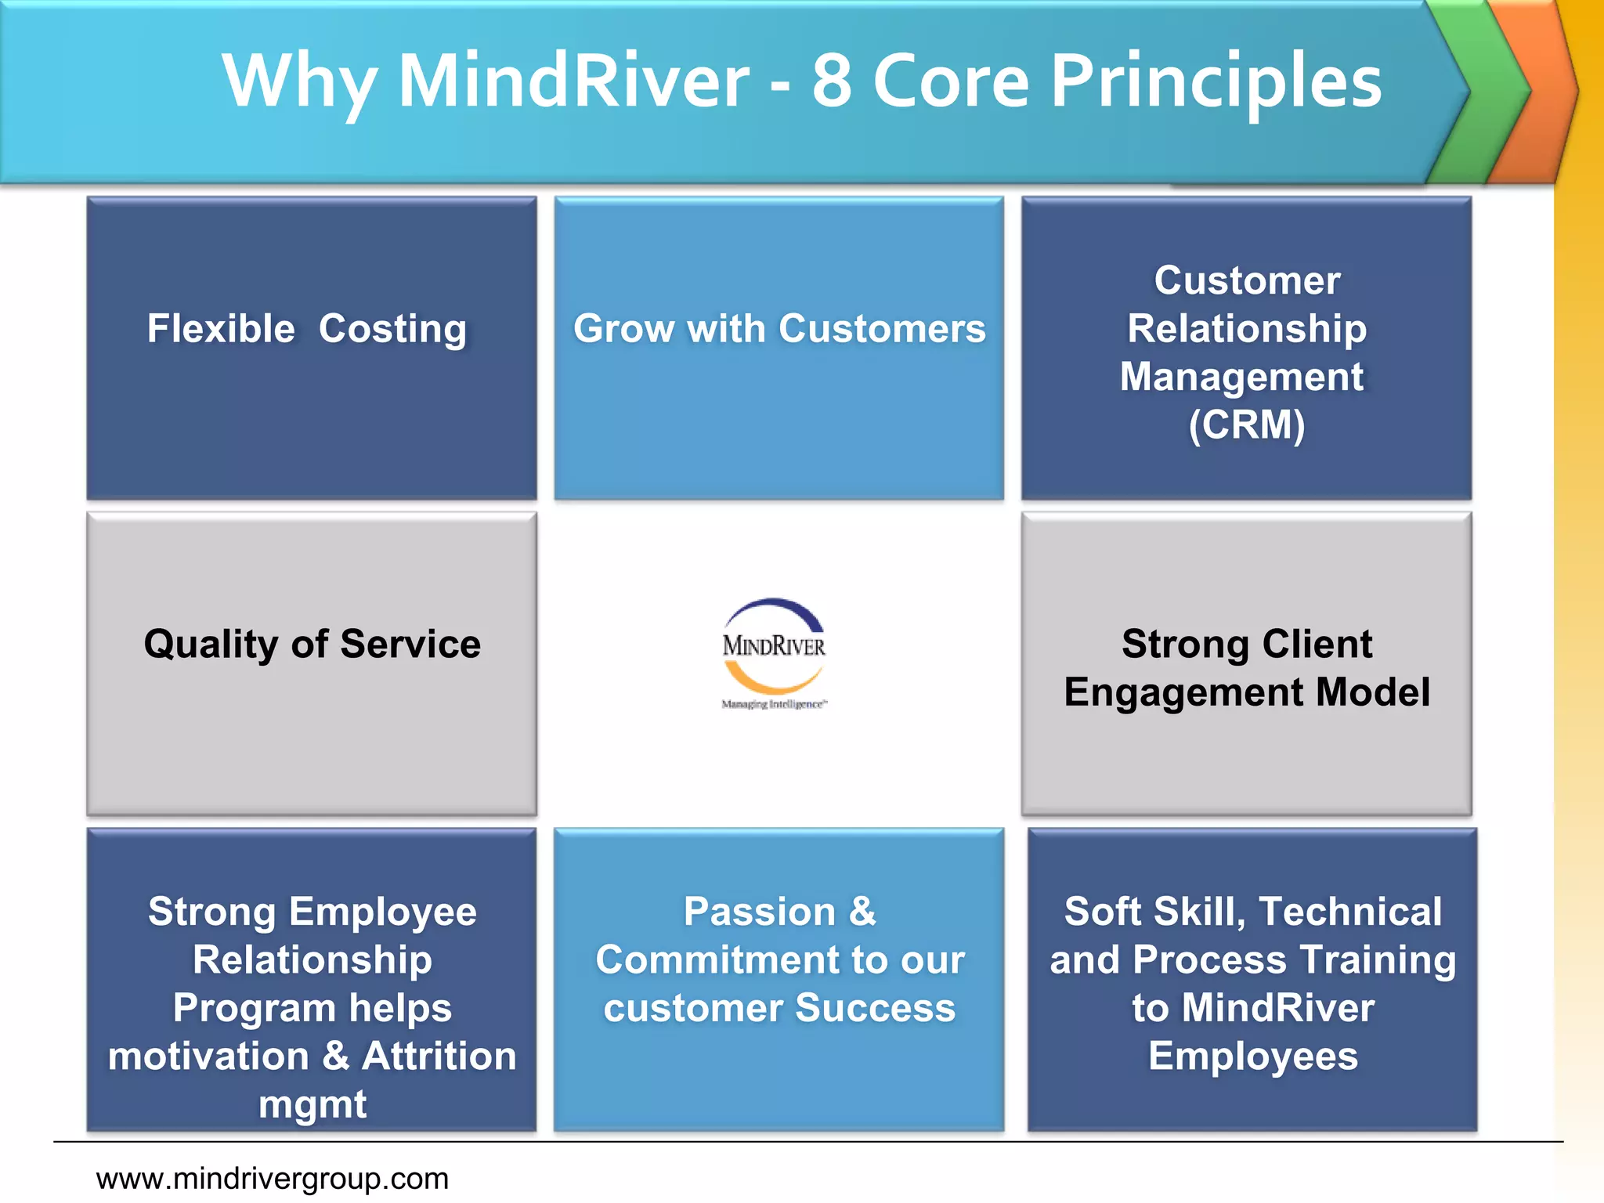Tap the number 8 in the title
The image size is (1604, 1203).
832,81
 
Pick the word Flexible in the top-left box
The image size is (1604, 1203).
221,328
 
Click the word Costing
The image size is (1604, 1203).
392,328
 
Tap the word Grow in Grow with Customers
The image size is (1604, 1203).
623,328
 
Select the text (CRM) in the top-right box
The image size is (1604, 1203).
1246,425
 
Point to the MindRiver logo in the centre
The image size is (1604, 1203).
774,645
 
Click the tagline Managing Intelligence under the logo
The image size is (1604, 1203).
774,704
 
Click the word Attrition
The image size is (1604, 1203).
439,1056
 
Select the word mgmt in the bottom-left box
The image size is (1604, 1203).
312,1104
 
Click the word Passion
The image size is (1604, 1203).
759,912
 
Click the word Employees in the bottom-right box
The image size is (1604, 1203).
1252,1056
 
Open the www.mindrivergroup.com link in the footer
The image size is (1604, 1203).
272,1178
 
